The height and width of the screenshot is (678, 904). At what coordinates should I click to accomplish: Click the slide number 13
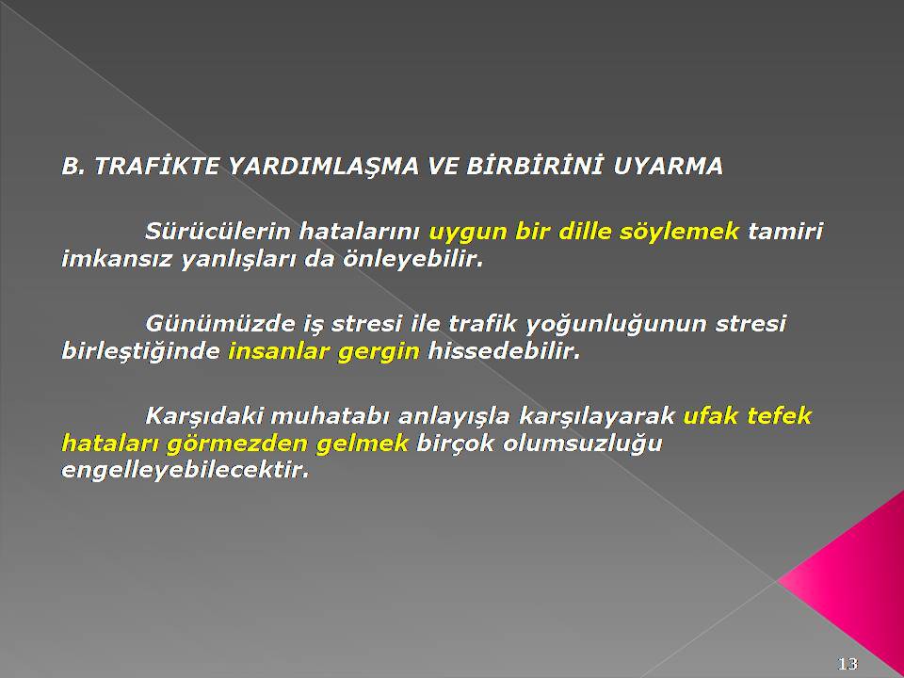point(848,664)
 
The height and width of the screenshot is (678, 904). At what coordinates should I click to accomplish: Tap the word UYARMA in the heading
point(668,167)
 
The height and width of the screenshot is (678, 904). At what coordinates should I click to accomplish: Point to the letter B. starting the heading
point(73,167)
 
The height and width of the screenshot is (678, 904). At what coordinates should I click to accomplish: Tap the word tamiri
point(785,232)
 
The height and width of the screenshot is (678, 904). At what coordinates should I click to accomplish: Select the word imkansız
point(117,259)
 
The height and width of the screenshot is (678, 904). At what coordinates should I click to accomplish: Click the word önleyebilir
point(412,260)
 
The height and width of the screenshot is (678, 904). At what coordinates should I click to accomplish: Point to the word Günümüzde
point(219,323)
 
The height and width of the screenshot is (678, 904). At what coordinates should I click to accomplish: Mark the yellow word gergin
point(379,352)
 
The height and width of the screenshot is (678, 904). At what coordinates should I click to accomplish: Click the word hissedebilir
point(503,351)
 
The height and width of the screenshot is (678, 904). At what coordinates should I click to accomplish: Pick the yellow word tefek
point(780,415)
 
